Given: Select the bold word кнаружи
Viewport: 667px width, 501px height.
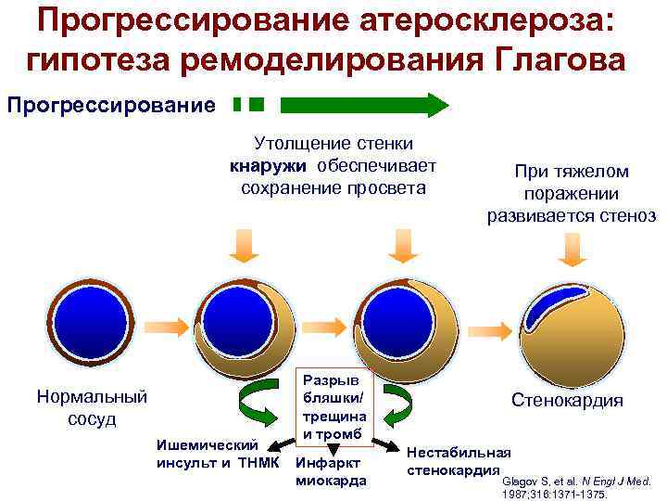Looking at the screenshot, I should pyautogui.click(x=270, y=167).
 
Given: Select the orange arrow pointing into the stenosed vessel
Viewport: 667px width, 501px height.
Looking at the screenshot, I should pyautogui.click(x=492, y=330).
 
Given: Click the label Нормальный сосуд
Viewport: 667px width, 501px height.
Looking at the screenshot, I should pyautogui.click(x=92, y=407).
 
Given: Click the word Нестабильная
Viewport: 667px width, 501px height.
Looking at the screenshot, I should pyautogui.click(x=458, y=452).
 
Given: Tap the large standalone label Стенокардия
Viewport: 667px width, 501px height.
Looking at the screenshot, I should pyautogui.click(x=567, y=401).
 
